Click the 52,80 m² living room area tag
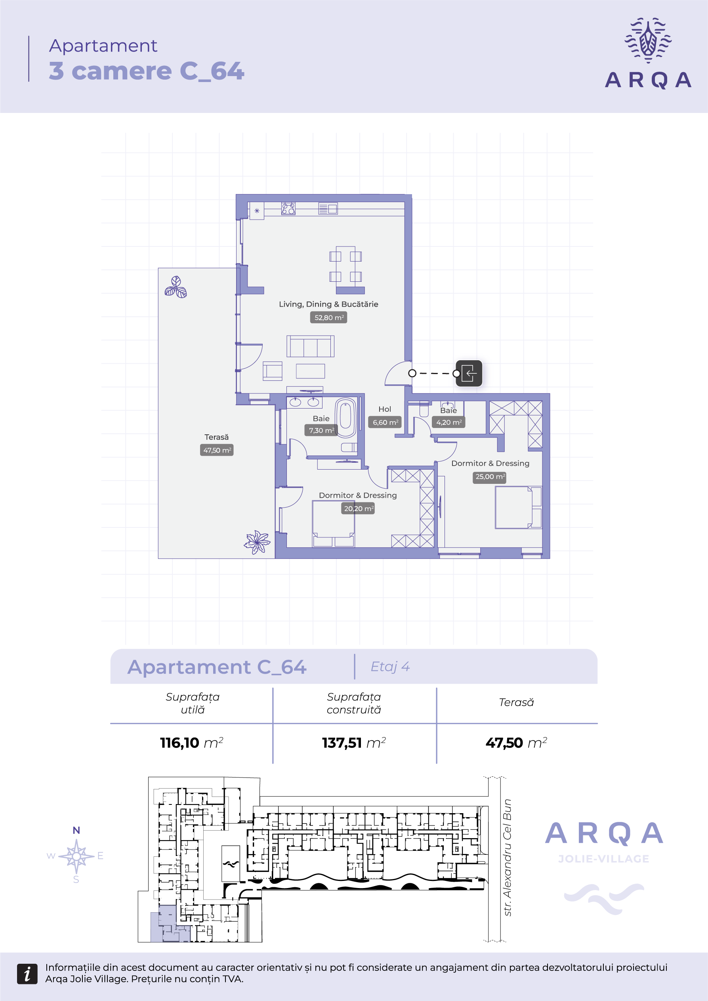329,317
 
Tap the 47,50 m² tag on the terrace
217,450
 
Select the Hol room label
385,409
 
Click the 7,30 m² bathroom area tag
321,430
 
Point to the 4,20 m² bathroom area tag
448,422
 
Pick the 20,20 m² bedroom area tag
358,508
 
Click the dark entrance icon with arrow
469,373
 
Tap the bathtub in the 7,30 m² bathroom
346,418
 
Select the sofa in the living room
310,346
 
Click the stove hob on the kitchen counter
288,209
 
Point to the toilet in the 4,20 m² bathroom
424,410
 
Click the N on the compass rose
76,830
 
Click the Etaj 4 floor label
390,667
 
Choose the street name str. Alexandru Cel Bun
507,858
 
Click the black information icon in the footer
27,974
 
